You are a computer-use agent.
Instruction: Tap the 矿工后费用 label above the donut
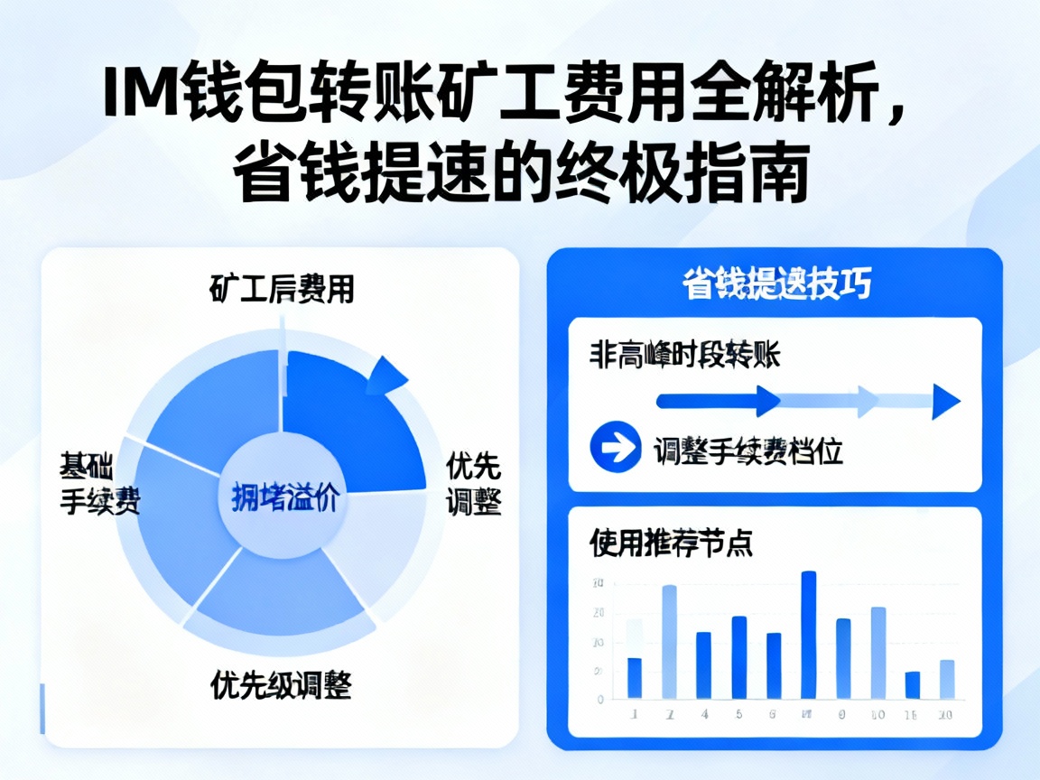point(281,289)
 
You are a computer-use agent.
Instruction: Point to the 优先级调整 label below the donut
point(281,685)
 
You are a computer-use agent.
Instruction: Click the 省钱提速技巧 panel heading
point(775,284)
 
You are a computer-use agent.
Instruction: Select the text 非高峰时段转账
point(685,353)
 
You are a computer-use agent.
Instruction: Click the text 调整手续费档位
point(748,450)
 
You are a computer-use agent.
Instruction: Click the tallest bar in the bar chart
point(809,635)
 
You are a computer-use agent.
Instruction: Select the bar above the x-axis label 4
point(703,665)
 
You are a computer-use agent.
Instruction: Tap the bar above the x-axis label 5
point(739,657)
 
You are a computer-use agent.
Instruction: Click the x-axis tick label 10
point(877,715)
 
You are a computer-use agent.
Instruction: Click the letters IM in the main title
point(136,93)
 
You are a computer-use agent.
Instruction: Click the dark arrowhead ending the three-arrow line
point(947,401)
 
